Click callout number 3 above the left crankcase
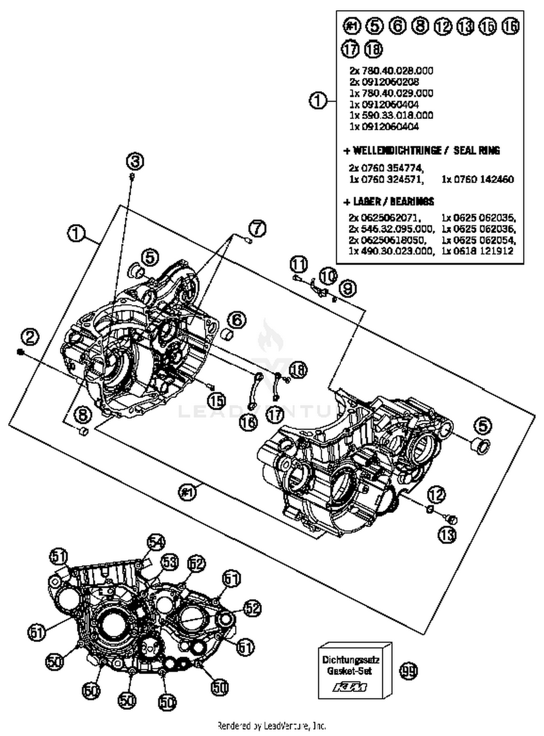(135, 162)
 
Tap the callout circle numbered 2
(30, 337)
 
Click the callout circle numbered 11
(298, 264)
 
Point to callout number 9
(347, 289)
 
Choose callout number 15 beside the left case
(217, 400)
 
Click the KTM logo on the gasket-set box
(350, 687)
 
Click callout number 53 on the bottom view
(169, 562)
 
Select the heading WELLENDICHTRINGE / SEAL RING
(422, 150)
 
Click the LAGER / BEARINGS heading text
(389, 202)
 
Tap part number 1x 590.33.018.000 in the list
(391, 115)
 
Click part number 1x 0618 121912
(477, 251)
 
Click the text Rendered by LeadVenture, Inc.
(272, 725)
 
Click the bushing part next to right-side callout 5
(479, 446)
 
